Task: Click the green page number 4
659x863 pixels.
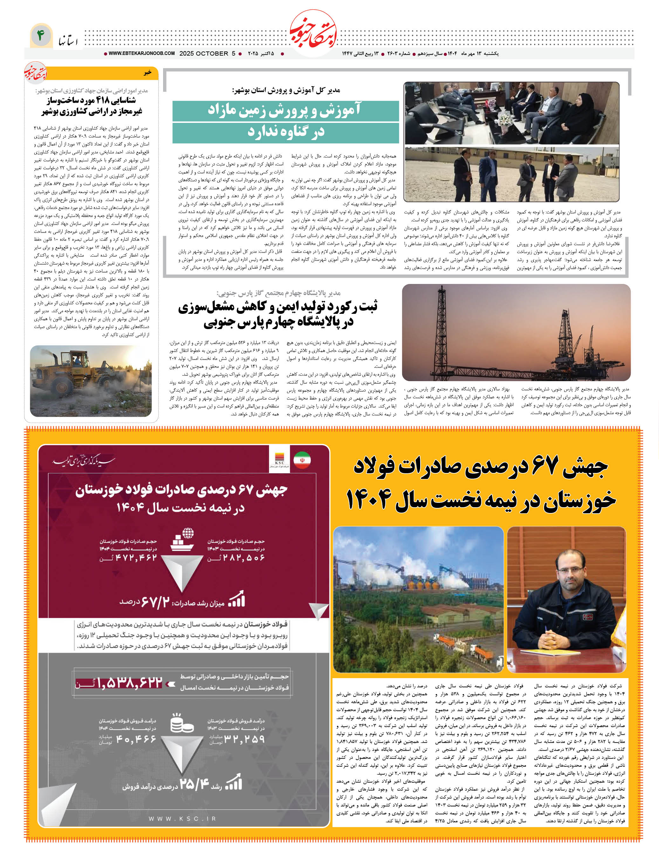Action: pyautogui.click(x=40, y=36)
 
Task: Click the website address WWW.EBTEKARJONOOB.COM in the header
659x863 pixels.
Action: pyautogui.click(x=141, y=53)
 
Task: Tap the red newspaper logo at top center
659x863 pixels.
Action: pyautogui.click(x=313, y=34)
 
